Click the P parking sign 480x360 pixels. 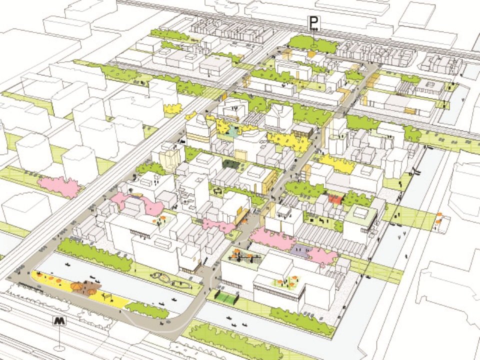313,23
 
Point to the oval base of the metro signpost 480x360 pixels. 60,348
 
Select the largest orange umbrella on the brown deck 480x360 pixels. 78,286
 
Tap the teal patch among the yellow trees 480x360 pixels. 233,132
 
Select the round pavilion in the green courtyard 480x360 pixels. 218,191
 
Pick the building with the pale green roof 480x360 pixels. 360,214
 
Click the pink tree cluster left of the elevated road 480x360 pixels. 59,186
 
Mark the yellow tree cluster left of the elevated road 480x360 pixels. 172,108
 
